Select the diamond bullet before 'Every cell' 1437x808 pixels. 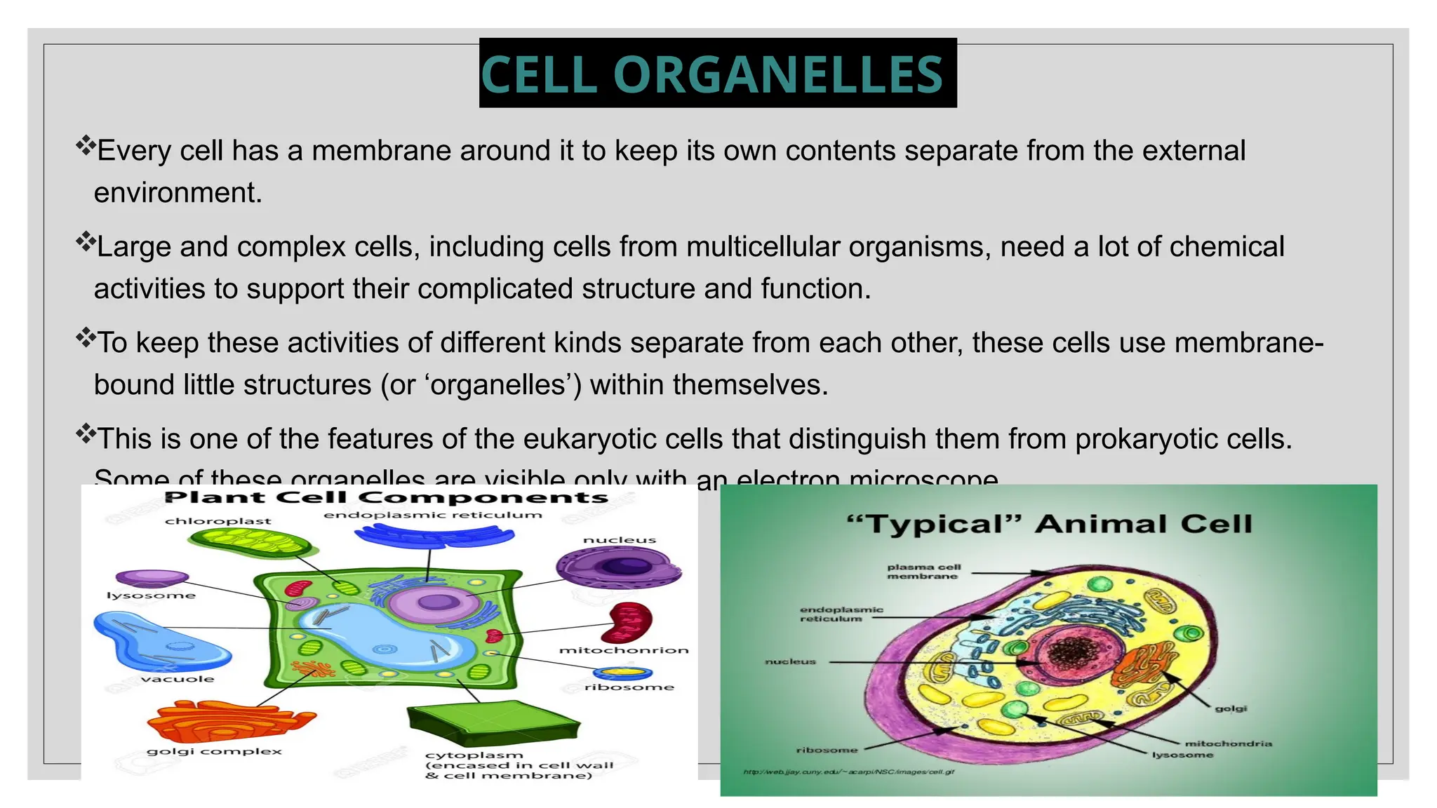click(85, 145)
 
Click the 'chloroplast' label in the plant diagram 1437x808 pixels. click(218, 521)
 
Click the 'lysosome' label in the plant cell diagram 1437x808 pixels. click(151, 595)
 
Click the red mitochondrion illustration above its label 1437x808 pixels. click(630, 621)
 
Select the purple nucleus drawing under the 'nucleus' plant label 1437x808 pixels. click(617, 567)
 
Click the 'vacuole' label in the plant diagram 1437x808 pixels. click(177, 679)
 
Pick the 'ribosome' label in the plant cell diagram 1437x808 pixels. click(629, 687)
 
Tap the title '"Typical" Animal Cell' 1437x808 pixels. click(1049, 524)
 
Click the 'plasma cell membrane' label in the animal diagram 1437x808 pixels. click(923, 572)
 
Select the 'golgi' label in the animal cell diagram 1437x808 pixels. click(1231, 708)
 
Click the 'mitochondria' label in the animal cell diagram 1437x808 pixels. click(1228, 743)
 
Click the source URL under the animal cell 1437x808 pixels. click(848, 772)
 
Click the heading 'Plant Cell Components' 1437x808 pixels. click(386, 497)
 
